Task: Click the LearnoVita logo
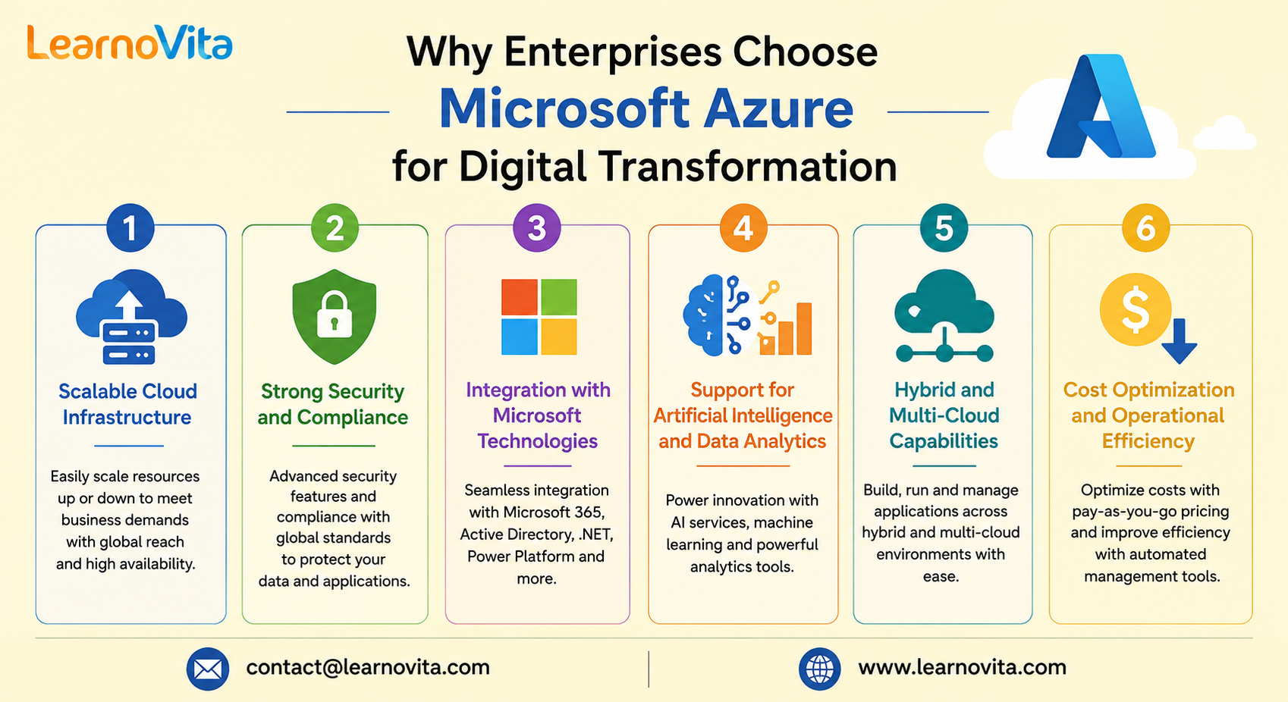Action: point(130,42)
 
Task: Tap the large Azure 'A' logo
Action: point(1101,106)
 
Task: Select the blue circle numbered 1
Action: point(130,228)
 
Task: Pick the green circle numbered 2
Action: point(335,228)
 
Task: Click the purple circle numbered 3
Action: point(536,228)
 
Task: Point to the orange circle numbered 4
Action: point(743,228)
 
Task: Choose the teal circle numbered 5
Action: point(944,228)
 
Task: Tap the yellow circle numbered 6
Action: point(1145,228)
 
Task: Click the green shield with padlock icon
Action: point(334,317)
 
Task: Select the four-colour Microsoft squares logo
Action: point(539,317)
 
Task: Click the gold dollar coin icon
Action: point(1136,309)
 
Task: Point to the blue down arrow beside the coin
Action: point(1179,341)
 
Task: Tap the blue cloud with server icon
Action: point(131,317)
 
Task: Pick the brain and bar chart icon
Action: point(747,315)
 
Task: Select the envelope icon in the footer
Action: point(208,669)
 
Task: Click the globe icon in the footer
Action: point(819,669)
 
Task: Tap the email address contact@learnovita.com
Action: point(368,668)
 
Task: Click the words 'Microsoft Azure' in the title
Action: point(646,109)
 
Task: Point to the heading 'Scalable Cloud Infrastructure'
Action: point(127,404)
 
